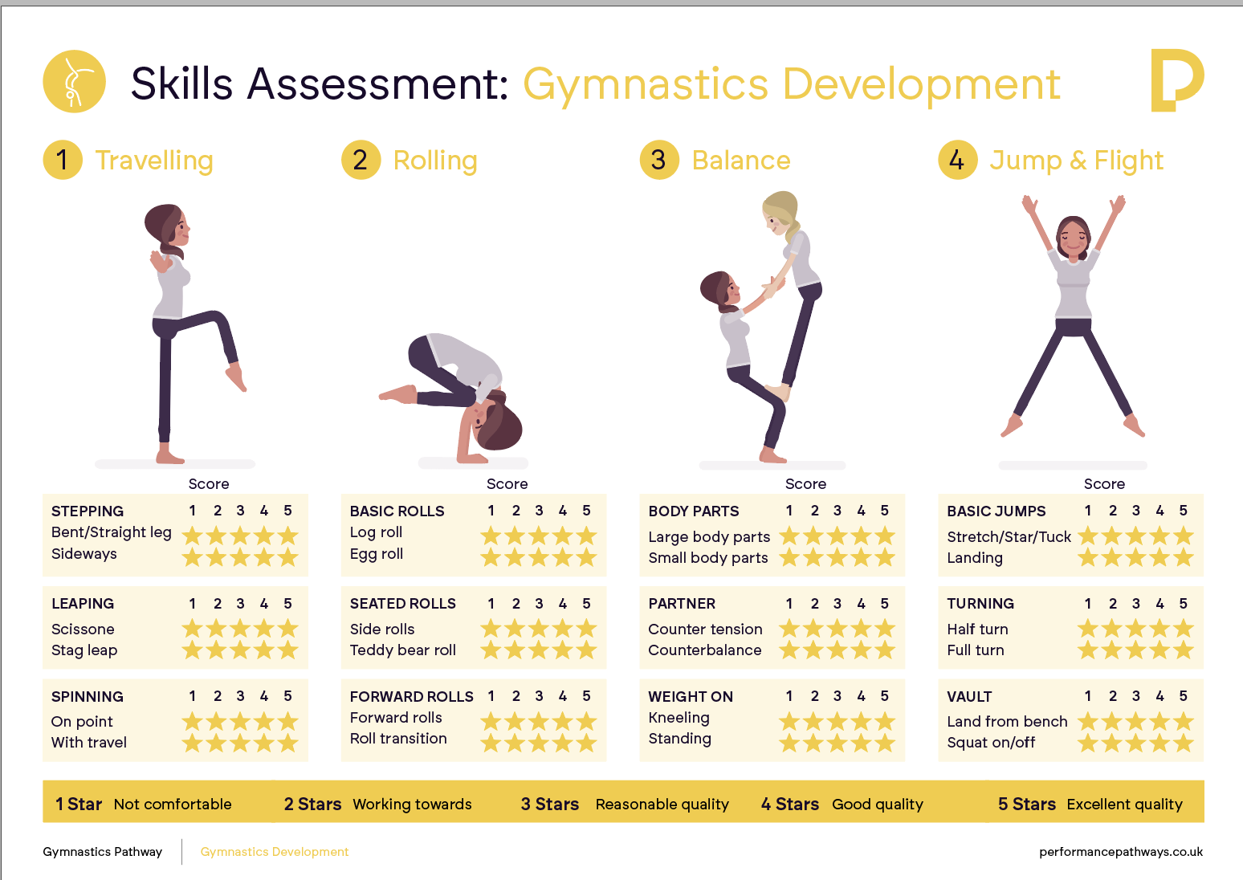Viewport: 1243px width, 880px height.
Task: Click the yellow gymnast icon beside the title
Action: (x=74, y=82)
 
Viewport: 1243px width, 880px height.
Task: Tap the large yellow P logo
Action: (x=1176, y=80)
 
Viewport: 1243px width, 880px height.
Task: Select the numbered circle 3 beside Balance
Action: (x=659, y=160)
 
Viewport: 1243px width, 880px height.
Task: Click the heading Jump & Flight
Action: (x=1076, y=161)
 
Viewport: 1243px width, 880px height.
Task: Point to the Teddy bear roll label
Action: (x=402, y=650)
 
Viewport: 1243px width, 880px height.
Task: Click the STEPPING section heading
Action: (x=88, y=511)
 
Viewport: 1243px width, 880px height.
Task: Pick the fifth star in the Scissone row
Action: (x=288, y=629)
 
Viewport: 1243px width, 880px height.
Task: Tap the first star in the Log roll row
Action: (x=491, y=536)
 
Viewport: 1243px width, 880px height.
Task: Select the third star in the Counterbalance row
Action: (x=837, y=650)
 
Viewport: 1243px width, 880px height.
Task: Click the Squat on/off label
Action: (x=991, y=743)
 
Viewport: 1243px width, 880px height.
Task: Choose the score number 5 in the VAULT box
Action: (x=1183, y=696)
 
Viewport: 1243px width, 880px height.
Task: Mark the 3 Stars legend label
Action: (x=549, y=804)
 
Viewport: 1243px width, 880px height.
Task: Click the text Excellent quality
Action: (x=1124, y=804)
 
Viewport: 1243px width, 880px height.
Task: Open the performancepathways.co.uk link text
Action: (x=1121, y=852)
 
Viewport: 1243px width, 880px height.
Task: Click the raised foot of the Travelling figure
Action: (x=236, y=377)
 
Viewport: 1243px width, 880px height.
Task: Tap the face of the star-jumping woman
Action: (x=1074, y=238)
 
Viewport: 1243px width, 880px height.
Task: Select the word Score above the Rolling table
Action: (x=507, y=484)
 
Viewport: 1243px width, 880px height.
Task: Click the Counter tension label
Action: (x=705, y=629)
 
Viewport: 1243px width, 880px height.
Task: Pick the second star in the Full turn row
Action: (x=1112, y=650)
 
